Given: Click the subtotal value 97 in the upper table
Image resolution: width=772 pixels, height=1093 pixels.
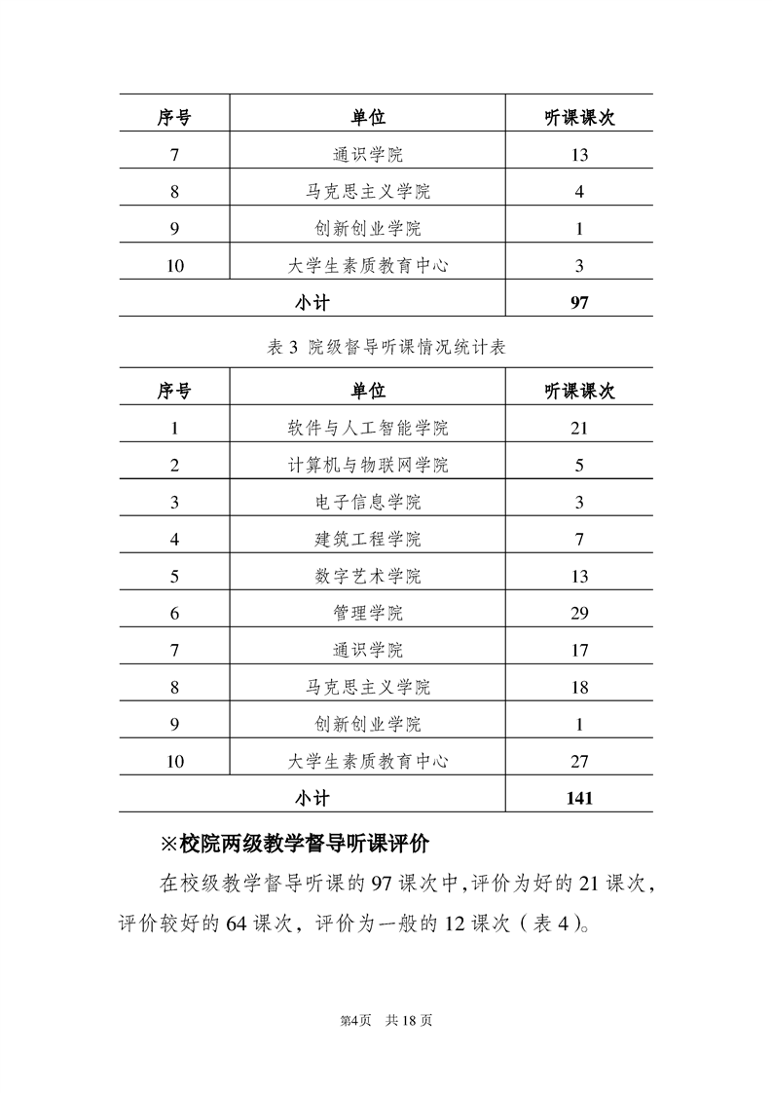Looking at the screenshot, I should pyautogui.click(x=579, y=302).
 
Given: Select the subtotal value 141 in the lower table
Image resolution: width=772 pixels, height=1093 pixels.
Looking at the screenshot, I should pyautogui.click(x=579, y=798).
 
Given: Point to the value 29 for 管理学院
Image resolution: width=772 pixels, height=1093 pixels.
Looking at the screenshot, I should pyautogui.click(x=579, y=613).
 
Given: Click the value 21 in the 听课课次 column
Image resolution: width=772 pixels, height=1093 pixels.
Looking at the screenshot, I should pyautogui.click(x=579, y=428).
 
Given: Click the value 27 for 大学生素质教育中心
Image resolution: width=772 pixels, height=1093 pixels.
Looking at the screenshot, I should pyautogui.click(x=579, y=761).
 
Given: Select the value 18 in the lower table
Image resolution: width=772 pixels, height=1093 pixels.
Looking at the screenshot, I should pyautogui.click(x=579, y=687).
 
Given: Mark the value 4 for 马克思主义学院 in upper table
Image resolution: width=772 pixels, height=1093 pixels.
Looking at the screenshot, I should pyautogui.click(x=579, y=191).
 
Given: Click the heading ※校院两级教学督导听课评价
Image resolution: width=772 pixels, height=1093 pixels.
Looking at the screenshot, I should pyautogui.click(x=300, y=842).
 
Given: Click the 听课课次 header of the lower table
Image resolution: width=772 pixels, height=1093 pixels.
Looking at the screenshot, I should pyautogui.click(x=579, y=391).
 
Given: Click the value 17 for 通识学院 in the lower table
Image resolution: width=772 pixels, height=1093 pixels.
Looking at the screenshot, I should pyautogui.click(x=579, y=650).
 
